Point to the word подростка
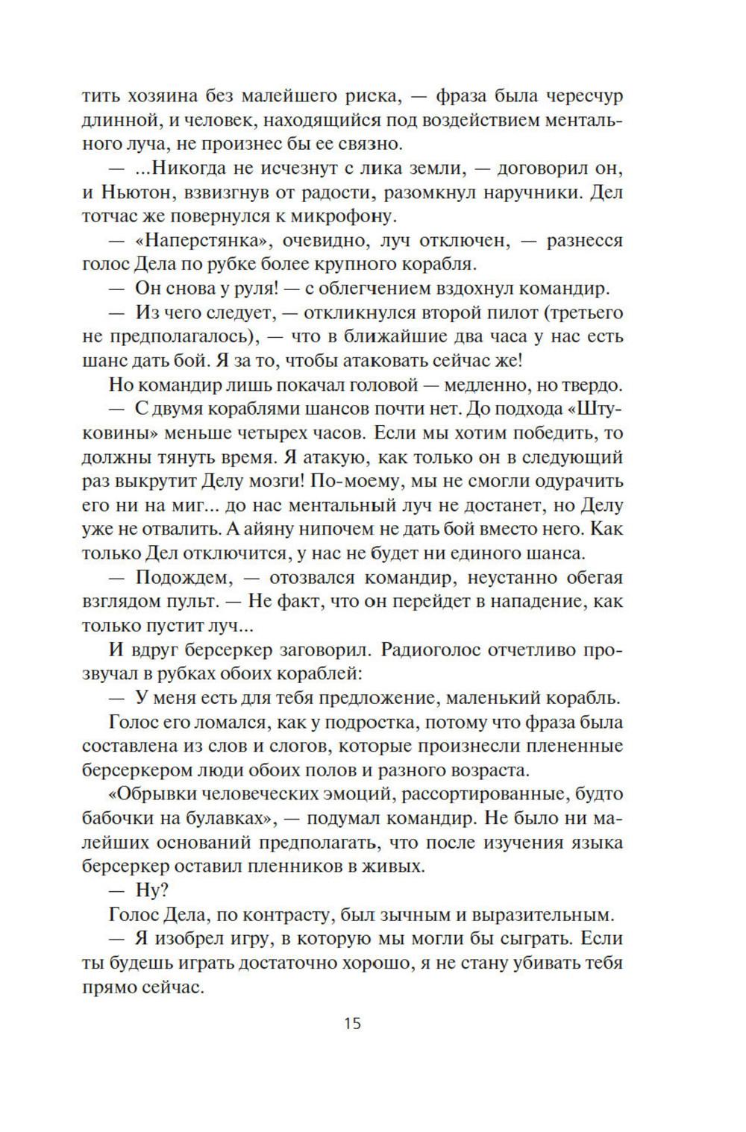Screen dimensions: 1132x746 point(381,722)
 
